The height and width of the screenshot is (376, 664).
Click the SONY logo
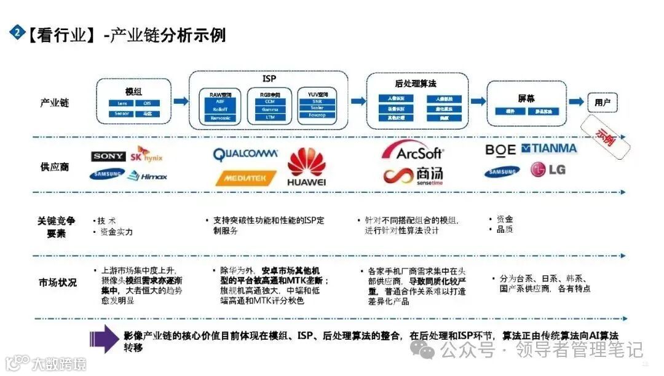click(108, 157)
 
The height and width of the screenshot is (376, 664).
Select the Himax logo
click(147, 176)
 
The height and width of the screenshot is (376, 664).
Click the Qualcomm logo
click(245, 154)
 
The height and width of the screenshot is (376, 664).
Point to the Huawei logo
click(306, 167)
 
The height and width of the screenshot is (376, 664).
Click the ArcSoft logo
click(411, 151)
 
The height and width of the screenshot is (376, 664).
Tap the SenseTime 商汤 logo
click(413, 174)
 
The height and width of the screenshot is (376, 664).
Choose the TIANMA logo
click(549, 148)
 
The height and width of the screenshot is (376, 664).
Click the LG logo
click(548, 170)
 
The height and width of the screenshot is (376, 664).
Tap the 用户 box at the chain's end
click(602, 102)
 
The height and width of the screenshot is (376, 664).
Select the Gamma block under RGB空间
click(269, 109)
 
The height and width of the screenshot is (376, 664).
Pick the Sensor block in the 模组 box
click(122, 114)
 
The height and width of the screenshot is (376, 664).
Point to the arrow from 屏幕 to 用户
click(576, 101)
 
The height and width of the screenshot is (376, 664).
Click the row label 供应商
click(55, 166)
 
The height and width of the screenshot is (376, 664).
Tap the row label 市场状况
click(58, 283)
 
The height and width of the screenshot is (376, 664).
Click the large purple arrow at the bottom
click(103, 339)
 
